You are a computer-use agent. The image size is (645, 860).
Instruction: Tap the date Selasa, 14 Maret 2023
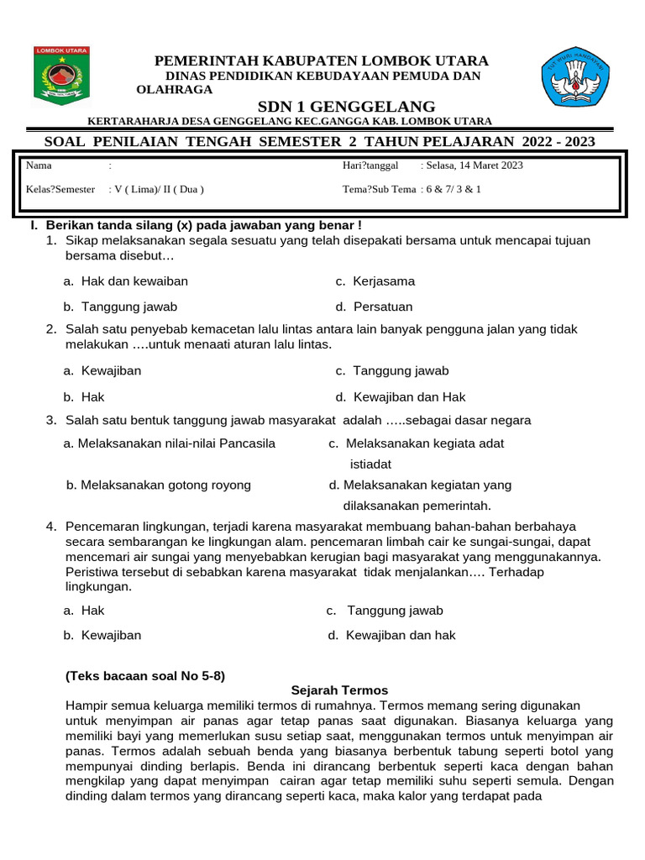pos(475,165)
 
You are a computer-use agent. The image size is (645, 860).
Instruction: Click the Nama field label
pos(39,165)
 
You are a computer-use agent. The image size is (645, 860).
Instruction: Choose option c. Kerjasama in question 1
pos(375,281)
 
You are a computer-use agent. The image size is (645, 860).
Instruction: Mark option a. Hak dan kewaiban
pos(126,281)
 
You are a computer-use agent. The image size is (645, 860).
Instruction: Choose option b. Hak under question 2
pos(84,396)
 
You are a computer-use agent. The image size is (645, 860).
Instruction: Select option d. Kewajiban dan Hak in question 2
pos(400,396)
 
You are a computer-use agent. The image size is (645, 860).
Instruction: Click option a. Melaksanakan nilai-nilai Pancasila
pos(170,443)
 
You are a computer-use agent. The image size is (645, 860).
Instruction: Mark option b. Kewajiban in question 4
pos(102,635)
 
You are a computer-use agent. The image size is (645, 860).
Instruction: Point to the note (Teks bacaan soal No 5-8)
pos(145,675)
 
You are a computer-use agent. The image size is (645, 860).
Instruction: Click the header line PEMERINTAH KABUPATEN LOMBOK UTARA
pos(320,61)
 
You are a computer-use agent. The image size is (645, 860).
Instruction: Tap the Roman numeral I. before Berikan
pos(34,226)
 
